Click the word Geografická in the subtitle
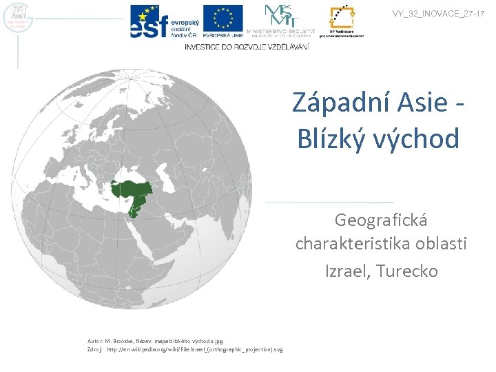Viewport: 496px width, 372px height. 381,220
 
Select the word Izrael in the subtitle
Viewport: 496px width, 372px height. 348,271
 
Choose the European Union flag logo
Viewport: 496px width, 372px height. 223,21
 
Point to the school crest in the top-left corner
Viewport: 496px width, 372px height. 16,18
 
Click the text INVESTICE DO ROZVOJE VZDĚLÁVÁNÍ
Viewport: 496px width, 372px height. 247,46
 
